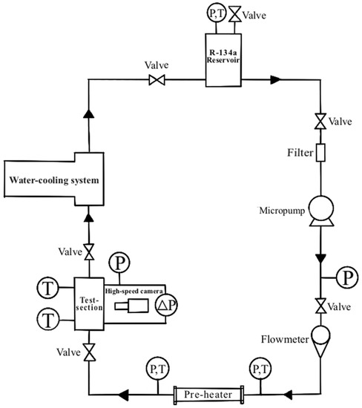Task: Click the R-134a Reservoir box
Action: [x=225, y=66]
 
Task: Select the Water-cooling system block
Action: [x=56, y=180]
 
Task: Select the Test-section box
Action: [x=90, y=304]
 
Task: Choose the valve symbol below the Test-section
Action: [x=90, y=349]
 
